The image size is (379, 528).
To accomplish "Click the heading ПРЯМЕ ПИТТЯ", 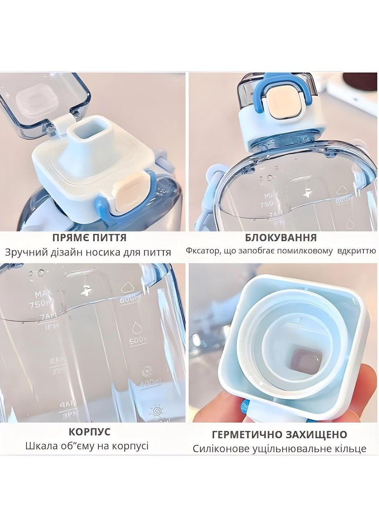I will pos(89,238).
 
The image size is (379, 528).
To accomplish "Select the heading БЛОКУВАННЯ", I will pos(281,238).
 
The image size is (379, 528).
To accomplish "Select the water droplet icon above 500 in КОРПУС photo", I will pos(136,328).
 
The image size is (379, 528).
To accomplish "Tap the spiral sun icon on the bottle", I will pos(156,411).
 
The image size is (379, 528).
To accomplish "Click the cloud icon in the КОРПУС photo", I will pos(129,288).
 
